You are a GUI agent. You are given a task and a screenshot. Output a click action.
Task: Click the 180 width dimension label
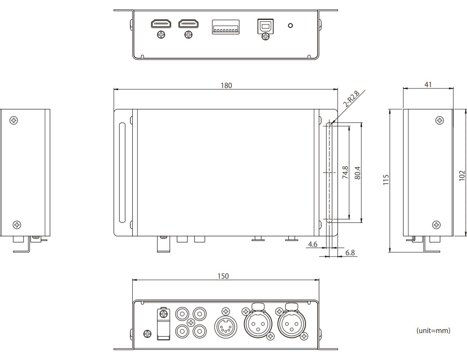point(226,85)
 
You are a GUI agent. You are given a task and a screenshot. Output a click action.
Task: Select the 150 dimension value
point(223,276)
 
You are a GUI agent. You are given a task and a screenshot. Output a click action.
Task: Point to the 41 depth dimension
point(428,84)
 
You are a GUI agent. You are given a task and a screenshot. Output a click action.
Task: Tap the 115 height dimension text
point(386,180)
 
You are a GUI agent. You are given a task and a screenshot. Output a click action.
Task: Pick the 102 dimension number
point(462,176)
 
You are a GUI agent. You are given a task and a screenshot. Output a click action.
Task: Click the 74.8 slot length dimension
point(345,172)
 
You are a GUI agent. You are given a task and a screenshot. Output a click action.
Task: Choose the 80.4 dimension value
point(358,173)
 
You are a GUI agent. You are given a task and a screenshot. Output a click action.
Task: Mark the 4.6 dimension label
point(313,245)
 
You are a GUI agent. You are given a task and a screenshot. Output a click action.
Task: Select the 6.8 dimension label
point(350,253)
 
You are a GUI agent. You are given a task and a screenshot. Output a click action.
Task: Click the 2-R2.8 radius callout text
point(352,99)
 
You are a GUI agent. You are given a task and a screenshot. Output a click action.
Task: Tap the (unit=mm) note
point(433,330)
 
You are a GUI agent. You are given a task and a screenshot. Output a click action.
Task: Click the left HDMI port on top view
point(161,24)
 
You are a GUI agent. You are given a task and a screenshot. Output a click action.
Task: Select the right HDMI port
point(188,24)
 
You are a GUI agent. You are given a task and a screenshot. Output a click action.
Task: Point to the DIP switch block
point(226,27)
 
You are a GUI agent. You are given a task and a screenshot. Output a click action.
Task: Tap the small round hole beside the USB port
point(291,25)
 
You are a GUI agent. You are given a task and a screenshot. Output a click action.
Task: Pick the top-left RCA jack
point(182,314)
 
